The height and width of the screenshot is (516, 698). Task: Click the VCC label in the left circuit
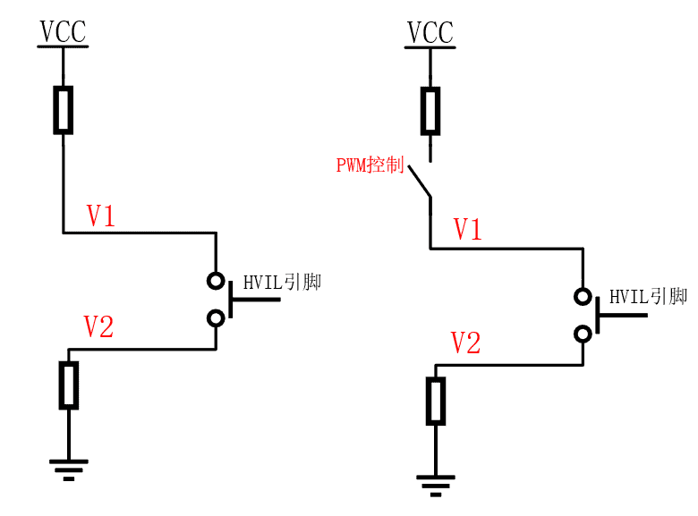63,32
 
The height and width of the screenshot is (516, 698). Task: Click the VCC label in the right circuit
430,32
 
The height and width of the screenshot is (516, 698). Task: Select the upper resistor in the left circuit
63,109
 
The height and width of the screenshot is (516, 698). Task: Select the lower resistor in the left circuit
69,385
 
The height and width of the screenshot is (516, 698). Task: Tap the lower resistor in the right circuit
436,400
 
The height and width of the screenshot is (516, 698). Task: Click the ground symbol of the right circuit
436,484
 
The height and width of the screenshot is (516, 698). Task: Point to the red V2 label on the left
98,327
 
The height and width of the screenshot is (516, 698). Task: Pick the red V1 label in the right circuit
467,230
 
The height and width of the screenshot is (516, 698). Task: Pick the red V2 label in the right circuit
465,343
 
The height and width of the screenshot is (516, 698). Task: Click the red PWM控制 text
370,165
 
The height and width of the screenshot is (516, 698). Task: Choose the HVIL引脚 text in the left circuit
282,283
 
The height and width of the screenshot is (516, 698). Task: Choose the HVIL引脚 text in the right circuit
648,297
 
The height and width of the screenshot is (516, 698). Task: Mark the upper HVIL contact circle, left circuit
216,281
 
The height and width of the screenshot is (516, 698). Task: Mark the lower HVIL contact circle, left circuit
216,317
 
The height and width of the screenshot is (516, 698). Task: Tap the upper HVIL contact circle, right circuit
583,296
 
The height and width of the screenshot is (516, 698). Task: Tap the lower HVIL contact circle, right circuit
583,334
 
